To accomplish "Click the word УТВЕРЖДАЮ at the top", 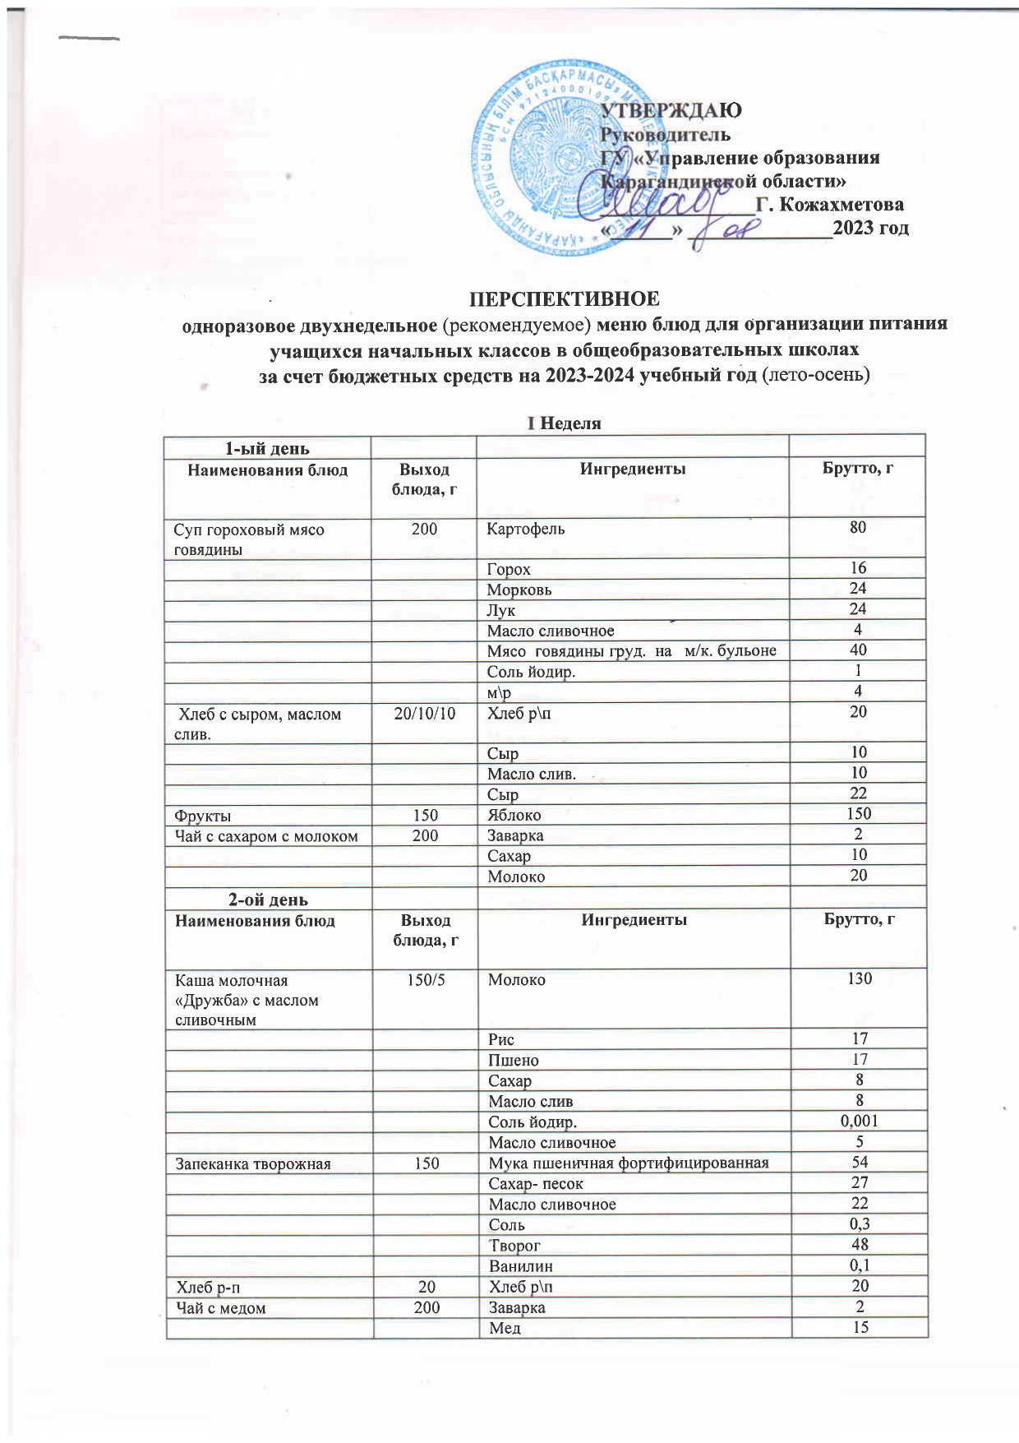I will pos(671,110).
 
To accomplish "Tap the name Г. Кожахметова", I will pos(829,204).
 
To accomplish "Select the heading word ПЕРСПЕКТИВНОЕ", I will pos(564,298).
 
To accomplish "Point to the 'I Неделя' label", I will pos(564,423).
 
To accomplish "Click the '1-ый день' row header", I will pos(267,448).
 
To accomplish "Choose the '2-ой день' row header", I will pos(268,900).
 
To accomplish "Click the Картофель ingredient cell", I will pos(526,529).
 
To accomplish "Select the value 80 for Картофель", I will pos(858,527).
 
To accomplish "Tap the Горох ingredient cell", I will pos(509,569).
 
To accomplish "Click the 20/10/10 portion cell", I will pos(425,713).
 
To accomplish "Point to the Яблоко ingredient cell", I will pos(514,815).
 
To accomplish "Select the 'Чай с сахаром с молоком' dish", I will pos(266,836).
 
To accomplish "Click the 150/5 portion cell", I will pos(427,980).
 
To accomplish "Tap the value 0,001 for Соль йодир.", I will pos(860,1121).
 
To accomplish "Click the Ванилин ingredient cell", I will pos(520,1265).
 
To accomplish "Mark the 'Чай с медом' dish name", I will pos(220,1307).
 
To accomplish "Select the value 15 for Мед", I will pos(860,1326).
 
